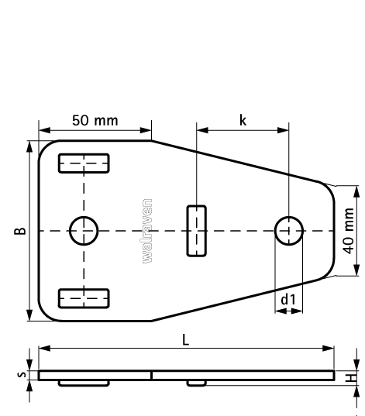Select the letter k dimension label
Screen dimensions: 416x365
point(243,121)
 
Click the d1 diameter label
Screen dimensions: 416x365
point(288,298)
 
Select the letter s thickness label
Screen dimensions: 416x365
point(21,376)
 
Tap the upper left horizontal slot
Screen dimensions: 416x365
point(84,163)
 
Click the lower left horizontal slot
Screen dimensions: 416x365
point(84,297)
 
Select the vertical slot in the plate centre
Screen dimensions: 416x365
point(197,230)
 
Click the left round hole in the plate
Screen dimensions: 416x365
point(84,230)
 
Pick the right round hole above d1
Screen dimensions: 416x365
point(289,230)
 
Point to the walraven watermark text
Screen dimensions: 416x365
point(147,231)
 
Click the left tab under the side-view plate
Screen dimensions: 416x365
point(84,383)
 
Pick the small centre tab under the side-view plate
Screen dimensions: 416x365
point(196,383)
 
